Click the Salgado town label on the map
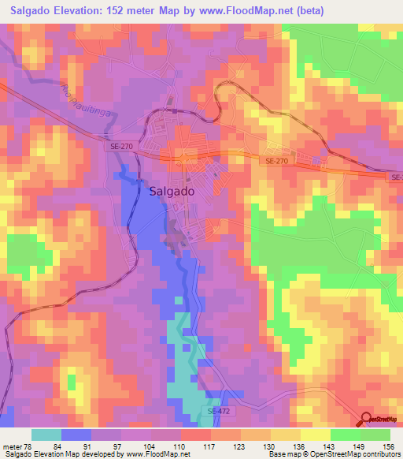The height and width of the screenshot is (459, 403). point(169,191)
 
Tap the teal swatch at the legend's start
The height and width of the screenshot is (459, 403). point(46,435)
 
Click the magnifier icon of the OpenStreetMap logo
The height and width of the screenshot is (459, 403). point(366,419)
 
